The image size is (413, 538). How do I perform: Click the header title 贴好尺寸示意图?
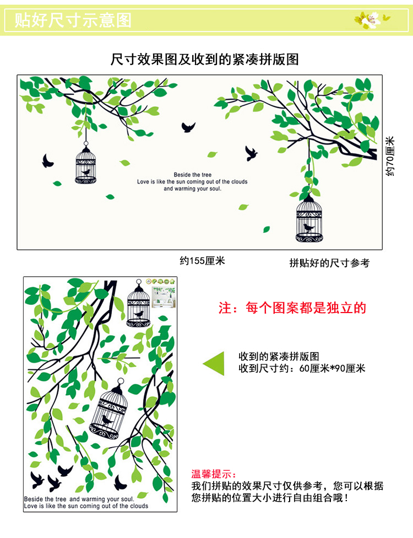[x=73, y=20]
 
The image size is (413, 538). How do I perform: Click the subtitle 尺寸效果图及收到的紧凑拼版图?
[x=205, y=59]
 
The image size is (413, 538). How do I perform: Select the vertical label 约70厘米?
[x=390, y=157]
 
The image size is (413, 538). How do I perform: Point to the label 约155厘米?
[x=203, y=261]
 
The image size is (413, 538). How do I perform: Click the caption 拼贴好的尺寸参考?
[x=329, y=263]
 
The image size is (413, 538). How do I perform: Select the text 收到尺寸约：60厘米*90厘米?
[x=302, y=368]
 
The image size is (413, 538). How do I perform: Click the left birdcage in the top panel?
[x=85, y=164]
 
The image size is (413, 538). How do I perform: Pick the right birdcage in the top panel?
[x=309, y=219]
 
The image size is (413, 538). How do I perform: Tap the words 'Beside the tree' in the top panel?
[x=189, y=174]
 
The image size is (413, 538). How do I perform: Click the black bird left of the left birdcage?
[x=48, y=160]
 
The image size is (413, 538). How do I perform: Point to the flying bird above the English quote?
[x=188, y=127]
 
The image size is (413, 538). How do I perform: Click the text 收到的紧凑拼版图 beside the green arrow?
[x=279, y=357]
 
